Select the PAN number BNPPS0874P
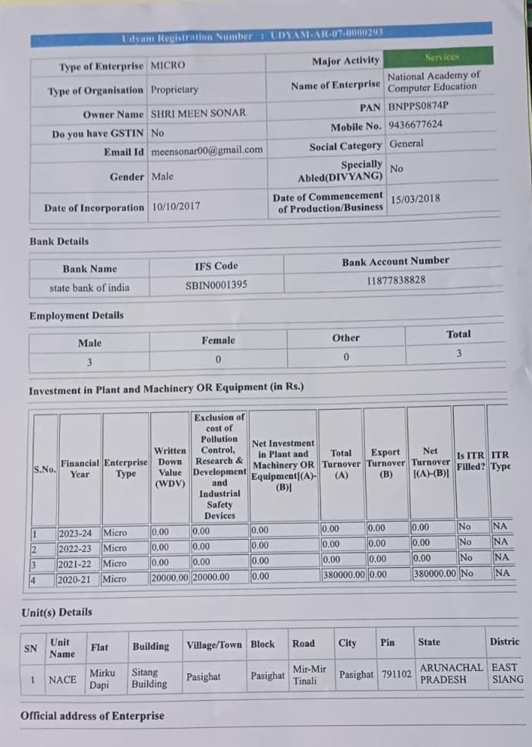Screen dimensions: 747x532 (417, 106)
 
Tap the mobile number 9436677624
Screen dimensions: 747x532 (415, 124)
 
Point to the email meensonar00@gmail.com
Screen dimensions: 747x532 (207, 150)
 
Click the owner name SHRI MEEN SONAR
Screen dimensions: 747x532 (198, 113)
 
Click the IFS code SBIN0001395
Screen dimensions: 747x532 (216, 286)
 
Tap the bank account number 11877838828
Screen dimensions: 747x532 (395, 280)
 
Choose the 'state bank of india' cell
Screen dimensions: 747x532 (90, 288)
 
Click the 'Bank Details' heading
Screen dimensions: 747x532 (59, 241)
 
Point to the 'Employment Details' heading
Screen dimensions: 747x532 (76, 316)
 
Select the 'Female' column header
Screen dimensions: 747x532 (218, 341)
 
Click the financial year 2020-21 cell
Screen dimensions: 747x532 (75, 579)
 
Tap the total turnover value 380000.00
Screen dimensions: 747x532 (342, 575)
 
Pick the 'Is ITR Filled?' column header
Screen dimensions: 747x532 (471, 461)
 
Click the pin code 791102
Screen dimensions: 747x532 (395, 674)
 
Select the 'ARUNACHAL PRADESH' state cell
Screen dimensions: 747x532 (450, 673)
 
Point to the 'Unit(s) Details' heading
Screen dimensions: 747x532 (57, 612)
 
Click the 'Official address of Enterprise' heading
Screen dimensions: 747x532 (93, 716)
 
